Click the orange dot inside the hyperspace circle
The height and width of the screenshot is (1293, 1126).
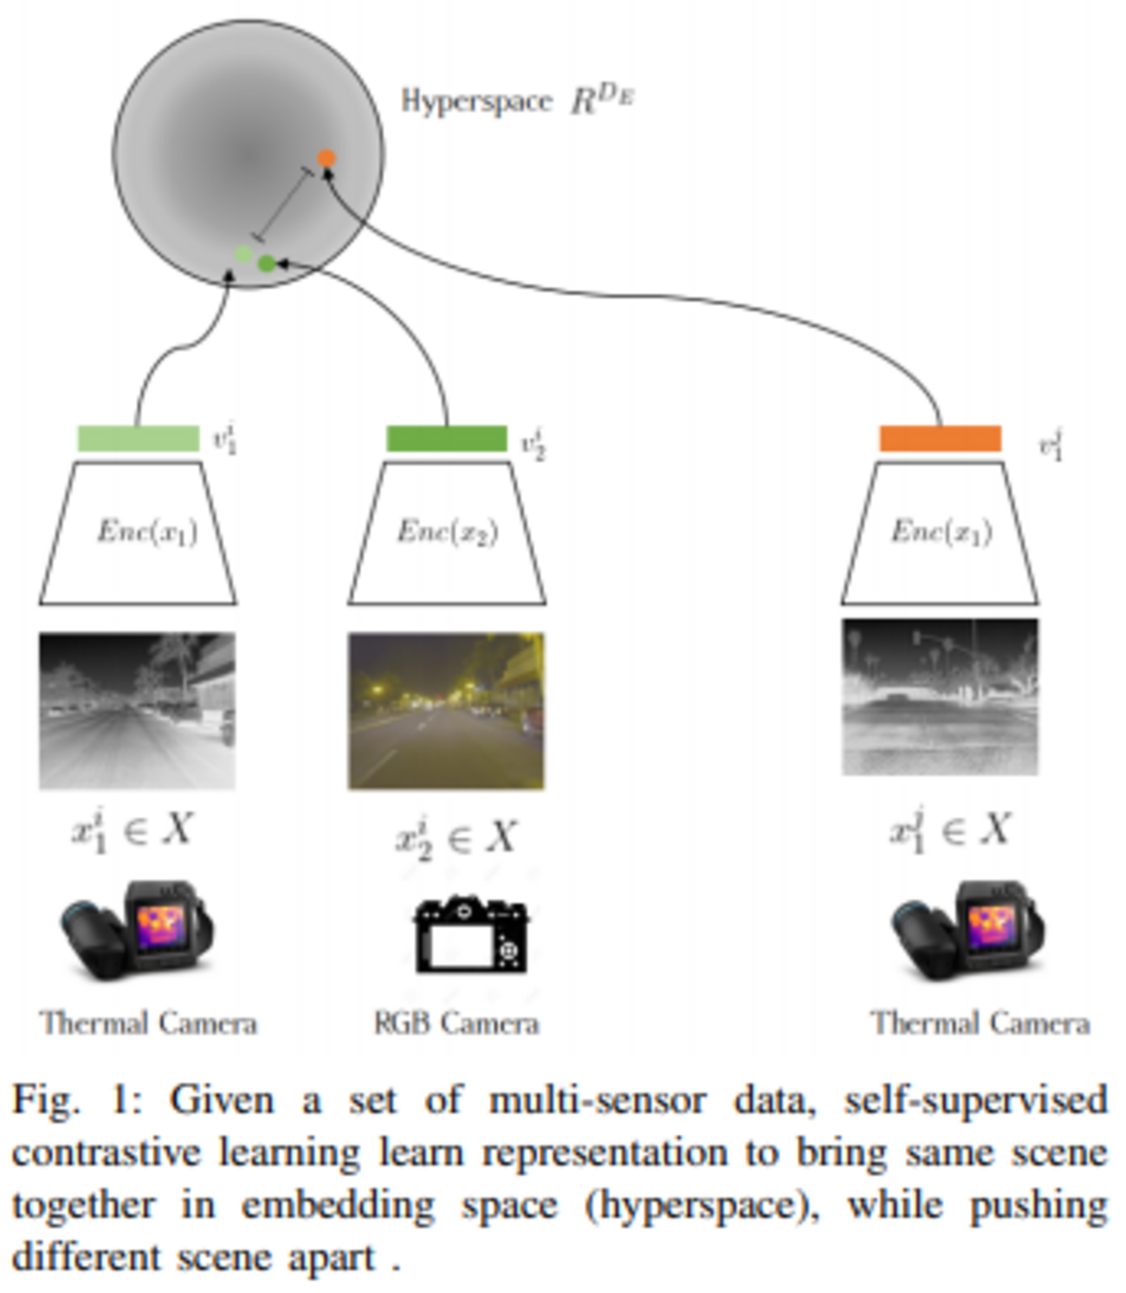click(326, 158)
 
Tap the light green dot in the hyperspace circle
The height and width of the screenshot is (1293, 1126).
click(244, 255)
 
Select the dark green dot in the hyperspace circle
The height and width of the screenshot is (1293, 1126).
click(267, 263)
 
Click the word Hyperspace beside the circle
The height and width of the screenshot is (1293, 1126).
click(476, 101)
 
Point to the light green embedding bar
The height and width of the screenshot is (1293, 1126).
click(139, 438)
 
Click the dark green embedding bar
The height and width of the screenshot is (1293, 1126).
click(446, 438)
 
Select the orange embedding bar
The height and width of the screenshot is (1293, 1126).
click(941, 438)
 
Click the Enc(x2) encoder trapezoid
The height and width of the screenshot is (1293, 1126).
click(447, 533)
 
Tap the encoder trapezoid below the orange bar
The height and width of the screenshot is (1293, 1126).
click(941, 533)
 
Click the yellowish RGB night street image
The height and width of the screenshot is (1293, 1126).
click(446, 711)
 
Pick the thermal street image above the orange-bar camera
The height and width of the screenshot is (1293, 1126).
click(941, 696)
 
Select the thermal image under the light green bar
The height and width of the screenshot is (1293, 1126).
click(137, 711)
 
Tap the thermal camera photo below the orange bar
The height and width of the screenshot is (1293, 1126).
click(968, 931)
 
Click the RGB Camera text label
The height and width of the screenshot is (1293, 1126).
click(456, 1024)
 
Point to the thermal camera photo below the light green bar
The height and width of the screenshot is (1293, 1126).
click(137, 931)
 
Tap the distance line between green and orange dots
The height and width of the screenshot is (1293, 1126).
click(284, 204)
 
